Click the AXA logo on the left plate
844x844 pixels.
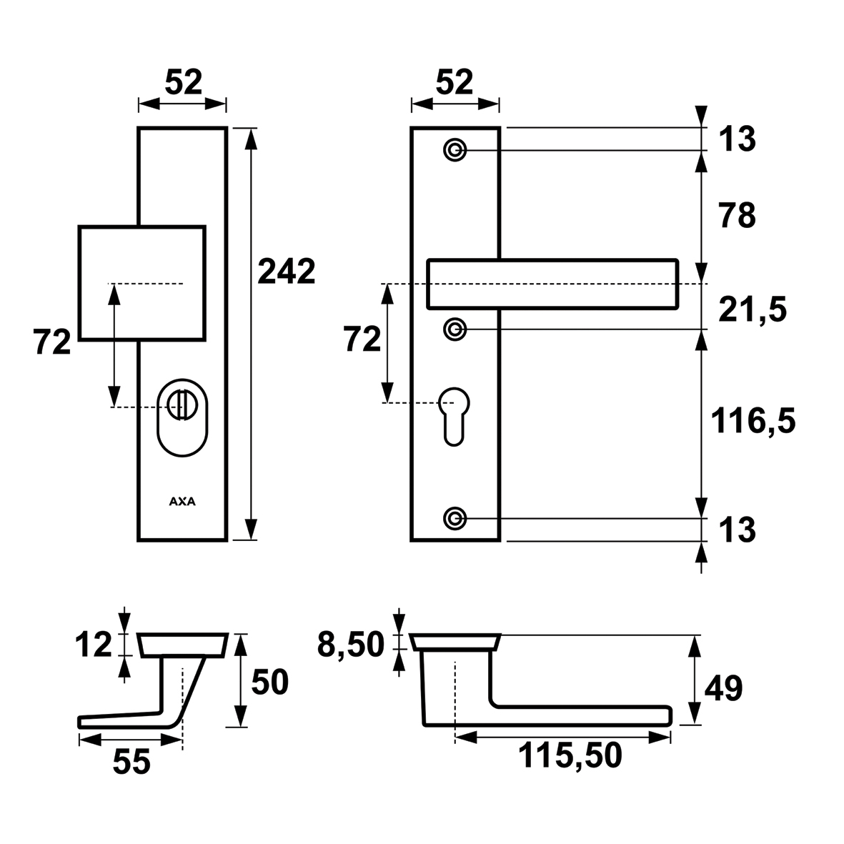pos(182,502)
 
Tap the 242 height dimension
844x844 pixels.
pos(287,272)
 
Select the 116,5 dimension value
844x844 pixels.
pos(753,420)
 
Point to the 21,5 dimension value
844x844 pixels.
pos(753,309)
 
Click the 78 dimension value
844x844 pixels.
pos(737,215)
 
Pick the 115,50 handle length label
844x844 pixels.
pos(570,755)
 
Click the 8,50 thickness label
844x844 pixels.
pos(351,645)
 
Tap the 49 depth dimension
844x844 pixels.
pos(723,687)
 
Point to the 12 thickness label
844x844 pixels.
pos(93,645)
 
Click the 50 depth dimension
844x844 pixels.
pos(270,682)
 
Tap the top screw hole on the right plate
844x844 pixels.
pos(455,149)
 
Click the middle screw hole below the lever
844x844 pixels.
pos(455,329)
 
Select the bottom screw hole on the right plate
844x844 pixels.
pos(455,519)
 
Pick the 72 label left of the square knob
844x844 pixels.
pos(52,342)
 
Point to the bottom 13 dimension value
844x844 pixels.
pos(737,530)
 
